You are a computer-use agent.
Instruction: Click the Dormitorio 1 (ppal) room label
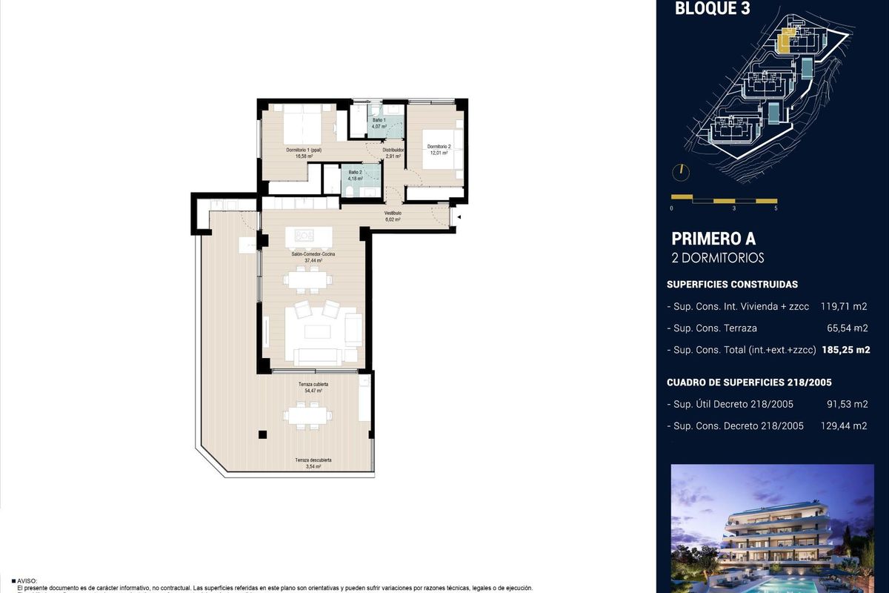coord(304,150)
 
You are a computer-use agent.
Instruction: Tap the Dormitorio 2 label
coord(439,146)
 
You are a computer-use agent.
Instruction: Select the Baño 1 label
coord(379,120)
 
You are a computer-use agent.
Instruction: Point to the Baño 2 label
coord(355,172)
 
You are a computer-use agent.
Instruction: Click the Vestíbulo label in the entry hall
coord(392,213)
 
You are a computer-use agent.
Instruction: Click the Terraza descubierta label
coord(313,460)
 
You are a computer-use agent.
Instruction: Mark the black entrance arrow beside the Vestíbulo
coord(459,217)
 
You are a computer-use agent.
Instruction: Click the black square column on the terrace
coord(262,435)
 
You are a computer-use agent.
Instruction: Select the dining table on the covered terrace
coord(310,416)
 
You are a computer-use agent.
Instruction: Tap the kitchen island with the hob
coord(308,236)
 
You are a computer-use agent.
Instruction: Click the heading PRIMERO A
coord(713,239)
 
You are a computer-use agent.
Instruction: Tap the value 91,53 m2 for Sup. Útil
coord(847,404)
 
